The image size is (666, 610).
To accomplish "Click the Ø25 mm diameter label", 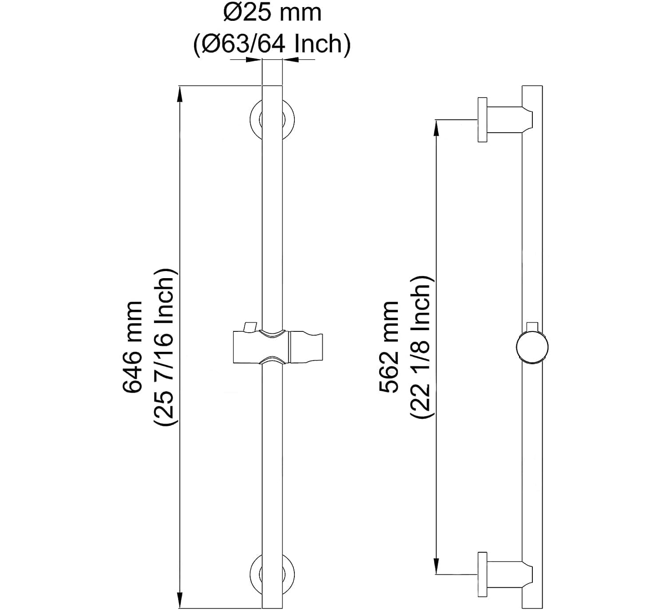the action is (272, 13).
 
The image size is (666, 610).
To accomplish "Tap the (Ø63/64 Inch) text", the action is (272, 44).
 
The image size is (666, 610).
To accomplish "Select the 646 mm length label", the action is (133, 347).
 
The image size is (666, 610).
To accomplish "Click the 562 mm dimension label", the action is (389, 347).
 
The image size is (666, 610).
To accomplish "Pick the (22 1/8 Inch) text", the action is (420, 347).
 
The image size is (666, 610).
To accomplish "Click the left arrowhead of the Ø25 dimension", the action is (254, 60).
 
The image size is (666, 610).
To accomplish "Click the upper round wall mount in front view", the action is (272, 119).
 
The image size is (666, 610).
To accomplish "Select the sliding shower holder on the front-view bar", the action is (277, 346).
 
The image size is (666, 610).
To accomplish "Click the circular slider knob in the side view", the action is (532, 347).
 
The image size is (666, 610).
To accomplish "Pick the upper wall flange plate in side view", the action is (482, 120).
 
